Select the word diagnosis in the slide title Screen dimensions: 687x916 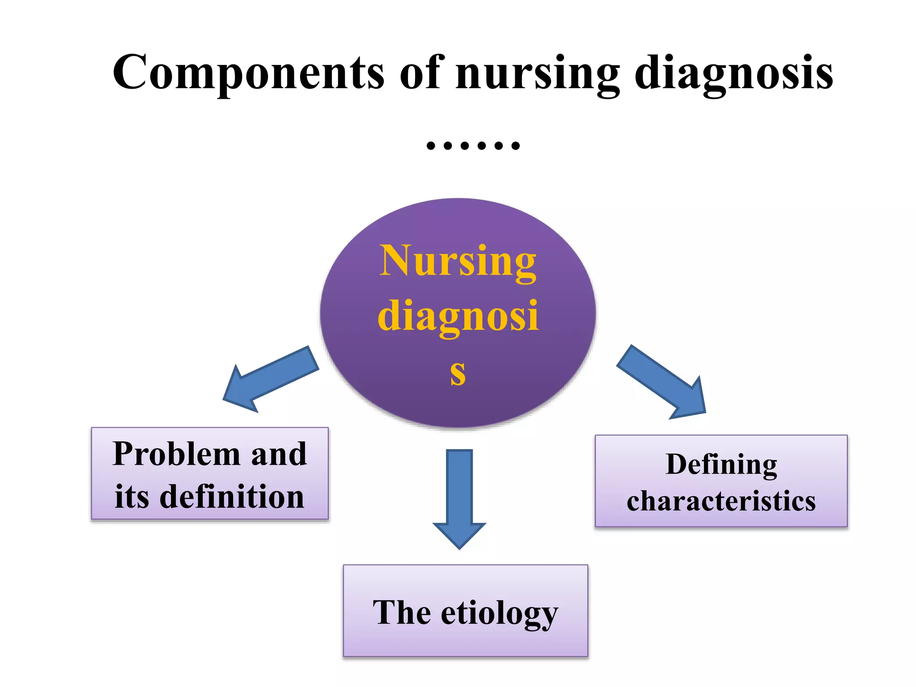pyautogui.click(x=734, y=74)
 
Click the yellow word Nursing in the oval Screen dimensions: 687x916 pyautogui.click(x=458, y=262)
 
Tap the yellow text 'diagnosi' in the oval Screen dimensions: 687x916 pyautogui.click(x=458, y=317)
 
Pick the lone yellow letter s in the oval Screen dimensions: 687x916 pyautogui.click(x=458, y=373)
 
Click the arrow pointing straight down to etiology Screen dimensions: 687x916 pyautogui.click(x=459, y=496)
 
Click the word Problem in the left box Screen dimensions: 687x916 pyautogui.click(x=177, y=454)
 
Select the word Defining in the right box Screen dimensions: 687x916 pyautogui.click(x=721, y=465)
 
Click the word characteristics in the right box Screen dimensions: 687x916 pyautogui.click(x=721, y=501)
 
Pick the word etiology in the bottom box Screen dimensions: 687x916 pyautogui.click(x=500, y=614)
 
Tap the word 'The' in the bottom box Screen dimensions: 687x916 pyautogui.click(x=402, y=612)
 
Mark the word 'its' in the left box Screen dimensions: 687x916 pyautogui.click(x=131, y=497)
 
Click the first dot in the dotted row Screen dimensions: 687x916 pyautogui.click(x=431, y=145)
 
